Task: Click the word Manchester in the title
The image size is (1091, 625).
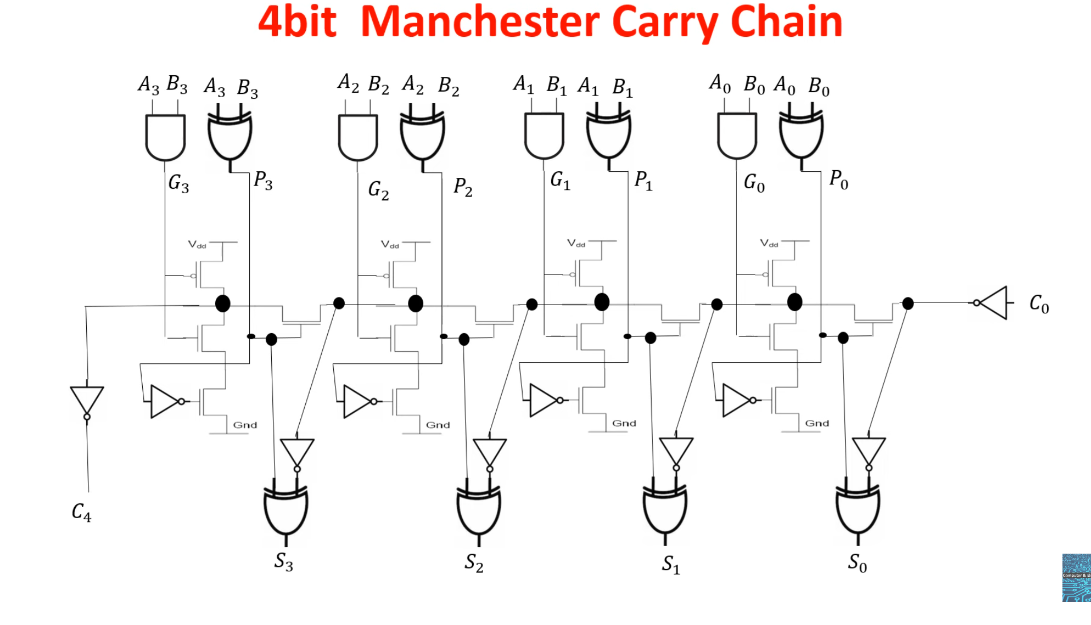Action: [480, 23]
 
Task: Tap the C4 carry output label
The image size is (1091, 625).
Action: [81, 512]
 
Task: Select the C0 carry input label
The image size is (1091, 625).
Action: [1039, 303]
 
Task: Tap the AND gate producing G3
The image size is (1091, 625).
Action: [165, 136]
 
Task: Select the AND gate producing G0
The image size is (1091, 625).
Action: [737, 135]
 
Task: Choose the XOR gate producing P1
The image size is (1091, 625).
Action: [608, 135]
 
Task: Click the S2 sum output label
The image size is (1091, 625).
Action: [474, 562]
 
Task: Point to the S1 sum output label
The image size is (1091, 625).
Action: [670, 564]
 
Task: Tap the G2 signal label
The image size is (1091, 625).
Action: [378, 190]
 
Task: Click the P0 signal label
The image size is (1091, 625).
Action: [838, 179]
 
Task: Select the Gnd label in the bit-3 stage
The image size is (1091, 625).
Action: [245, 425]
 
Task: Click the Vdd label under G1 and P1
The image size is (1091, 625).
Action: [576, 243]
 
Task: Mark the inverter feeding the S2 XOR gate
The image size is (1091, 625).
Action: [489, 453]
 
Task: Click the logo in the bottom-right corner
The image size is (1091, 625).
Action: [1076, 577]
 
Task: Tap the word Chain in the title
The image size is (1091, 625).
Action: [786, 23]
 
